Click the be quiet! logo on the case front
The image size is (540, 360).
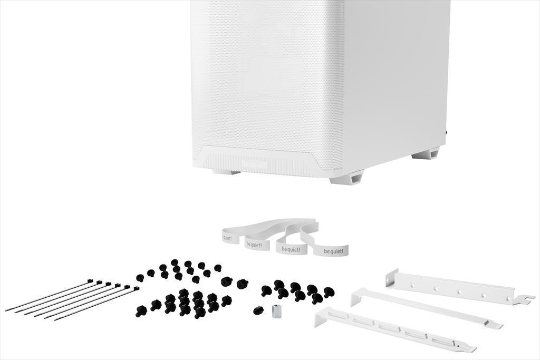click(254, 164)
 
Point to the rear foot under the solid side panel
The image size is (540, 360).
click(426, 154)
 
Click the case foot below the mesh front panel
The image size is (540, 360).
click(227, 171)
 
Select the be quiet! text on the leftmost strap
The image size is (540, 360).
click(227, 238)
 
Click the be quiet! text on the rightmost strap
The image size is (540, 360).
click(333, 251)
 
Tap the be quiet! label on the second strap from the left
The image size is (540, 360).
click(255, 244)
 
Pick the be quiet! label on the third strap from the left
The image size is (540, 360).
click(291, 249)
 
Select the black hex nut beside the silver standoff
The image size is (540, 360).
click(258, 310)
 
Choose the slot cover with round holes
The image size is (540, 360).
click(459, 289)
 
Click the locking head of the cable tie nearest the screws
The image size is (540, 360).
click(136, 289)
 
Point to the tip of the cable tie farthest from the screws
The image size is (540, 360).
click(7, 309)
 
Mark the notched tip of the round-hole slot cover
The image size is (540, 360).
click(525, 299)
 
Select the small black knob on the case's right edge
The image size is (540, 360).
click(447, 133)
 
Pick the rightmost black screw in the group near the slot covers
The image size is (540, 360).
click(329, 291)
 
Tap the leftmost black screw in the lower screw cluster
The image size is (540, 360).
click(140, 311)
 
